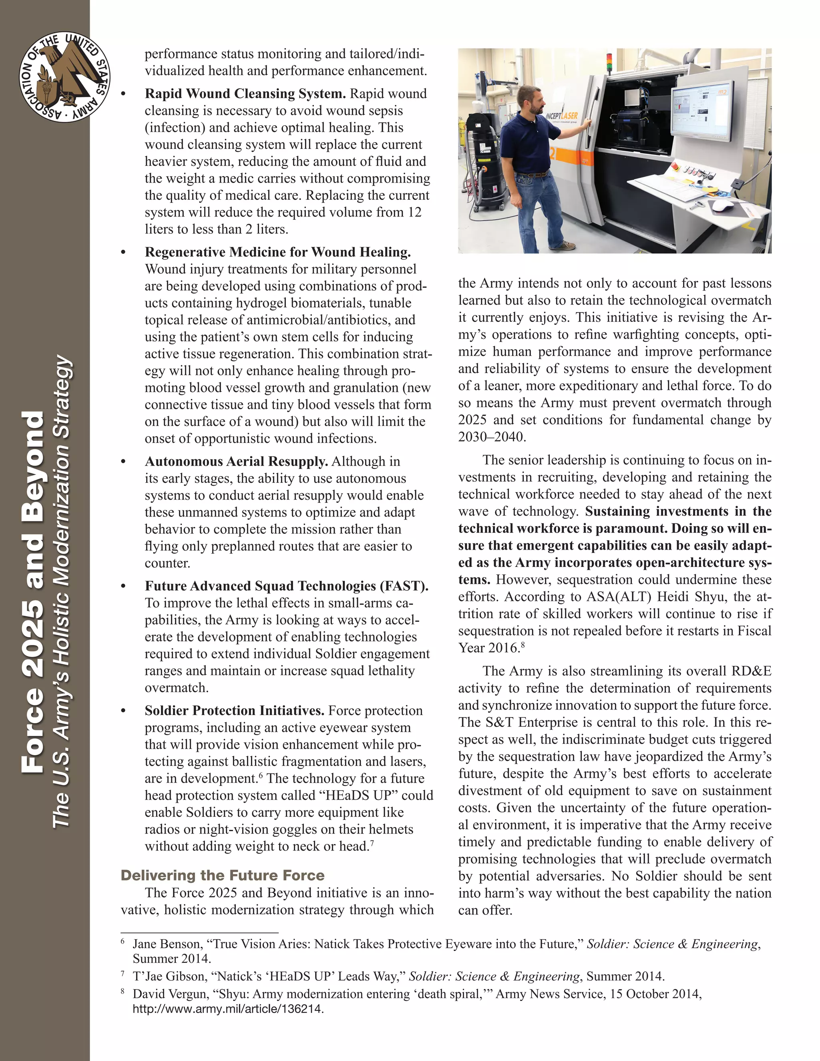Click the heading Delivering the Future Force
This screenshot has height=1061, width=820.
click(223, 875)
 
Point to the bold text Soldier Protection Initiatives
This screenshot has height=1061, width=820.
click(234, 710)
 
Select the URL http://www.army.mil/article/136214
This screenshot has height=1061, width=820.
click(228, 1009)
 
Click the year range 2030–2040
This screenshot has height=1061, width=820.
click(492, 437)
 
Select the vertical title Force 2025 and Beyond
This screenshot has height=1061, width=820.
click(34, 592)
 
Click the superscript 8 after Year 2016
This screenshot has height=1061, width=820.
click(523, 644)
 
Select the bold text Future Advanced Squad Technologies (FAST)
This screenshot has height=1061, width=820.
click(286, 586)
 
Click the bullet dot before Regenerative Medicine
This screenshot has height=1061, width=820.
click(123, 252)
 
